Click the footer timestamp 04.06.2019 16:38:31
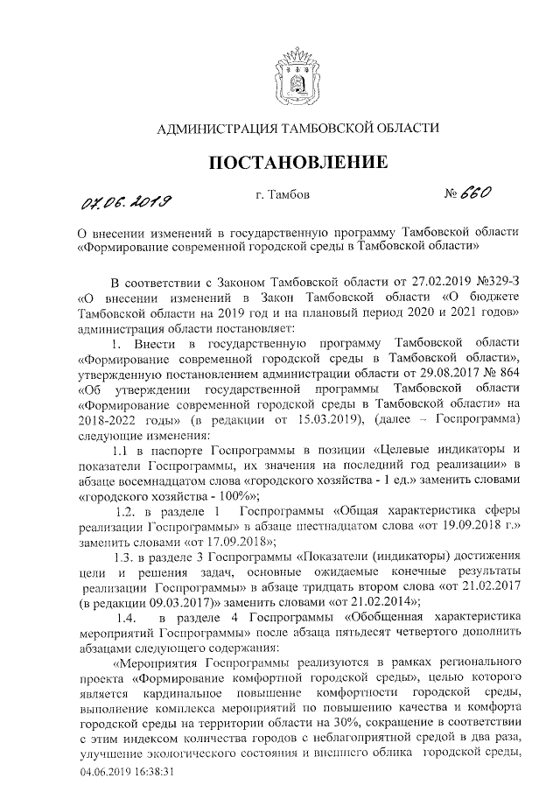128,773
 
